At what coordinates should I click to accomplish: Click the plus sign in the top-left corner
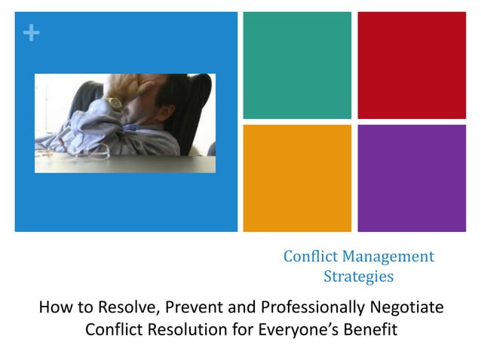[29, 33]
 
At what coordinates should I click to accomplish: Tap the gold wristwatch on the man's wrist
[115, 103]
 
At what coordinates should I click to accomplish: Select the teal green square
[297, 66]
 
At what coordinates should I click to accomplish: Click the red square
[412, 66]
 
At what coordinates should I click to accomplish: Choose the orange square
[297, 178]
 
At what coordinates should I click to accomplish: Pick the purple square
[412, 178]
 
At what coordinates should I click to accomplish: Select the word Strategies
[358, 276]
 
